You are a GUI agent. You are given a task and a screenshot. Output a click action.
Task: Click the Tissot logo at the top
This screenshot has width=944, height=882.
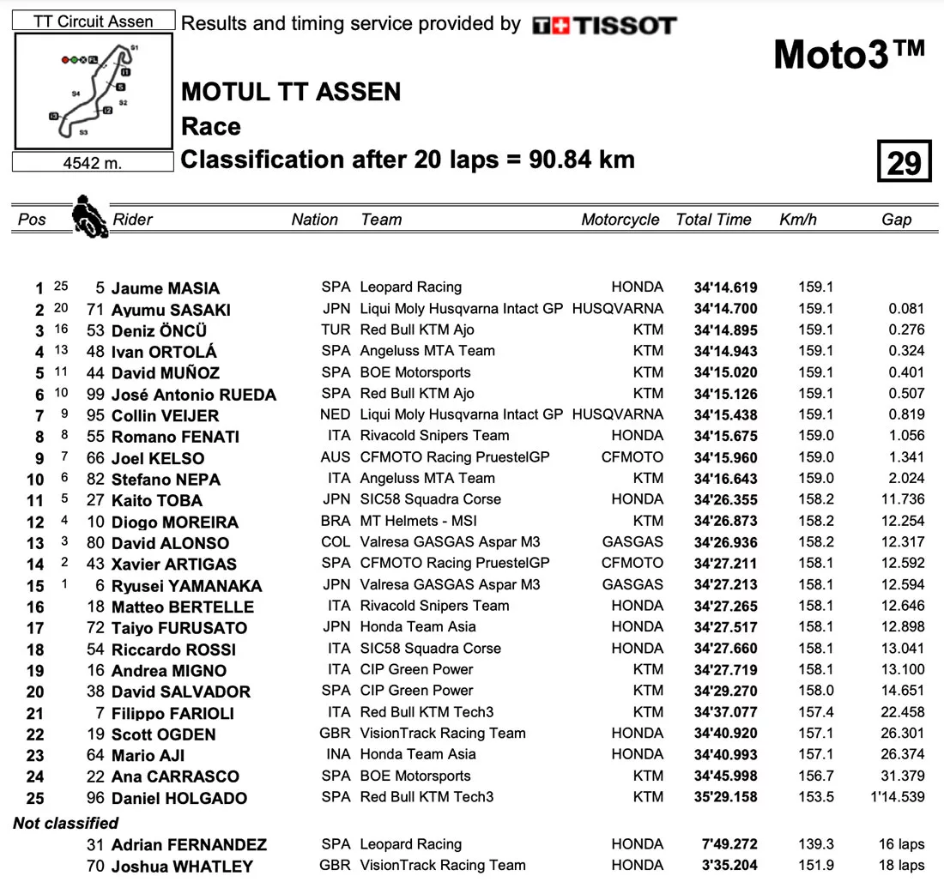[x=604, y=26]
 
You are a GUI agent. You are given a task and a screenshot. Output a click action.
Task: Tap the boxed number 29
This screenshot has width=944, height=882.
[x=904, y=162]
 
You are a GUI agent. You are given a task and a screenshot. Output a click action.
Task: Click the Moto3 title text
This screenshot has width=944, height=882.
[x=849, y=54]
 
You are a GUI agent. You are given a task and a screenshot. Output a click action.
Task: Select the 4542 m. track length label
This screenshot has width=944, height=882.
[x=94, y=163]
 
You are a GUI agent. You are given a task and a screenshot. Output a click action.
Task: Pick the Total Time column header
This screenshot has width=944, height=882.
[x=714, y=220]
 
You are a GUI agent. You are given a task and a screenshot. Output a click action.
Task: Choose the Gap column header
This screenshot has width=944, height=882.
[x=896, y=220]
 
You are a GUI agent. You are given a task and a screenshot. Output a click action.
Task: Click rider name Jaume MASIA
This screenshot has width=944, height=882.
[x=166, y=288]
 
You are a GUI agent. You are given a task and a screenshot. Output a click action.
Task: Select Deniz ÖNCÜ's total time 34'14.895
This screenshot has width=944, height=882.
[x=725, y=330]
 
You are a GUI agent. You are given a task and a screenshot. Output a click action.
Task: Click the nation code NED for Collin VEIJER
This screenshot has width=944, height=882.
[x=336, y=414]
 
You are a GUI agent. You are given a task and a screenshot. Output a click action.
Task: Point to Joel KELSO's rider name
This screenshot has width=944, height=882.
[x=158, y=458]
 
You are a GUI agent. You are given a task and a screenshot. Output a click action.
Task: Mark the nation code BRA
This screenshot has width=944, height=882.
[x=336, y=521]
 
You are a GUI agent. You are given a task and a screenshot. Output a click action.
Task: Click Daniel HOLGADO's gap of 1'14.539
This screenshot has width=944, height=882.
[x=897, y=797]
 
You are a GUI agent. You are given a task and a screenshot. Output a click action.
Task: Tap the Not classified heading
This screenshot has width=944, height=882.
[x=66, y=823]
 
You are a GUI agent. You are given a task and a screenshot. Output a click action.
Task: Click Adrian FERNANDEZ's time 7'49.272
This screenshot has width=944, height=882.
[x=729, y=844]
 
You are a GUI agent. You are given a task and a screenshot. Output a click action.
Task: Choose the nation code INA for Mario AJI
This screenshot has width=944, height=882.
[x=336, y=754]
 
